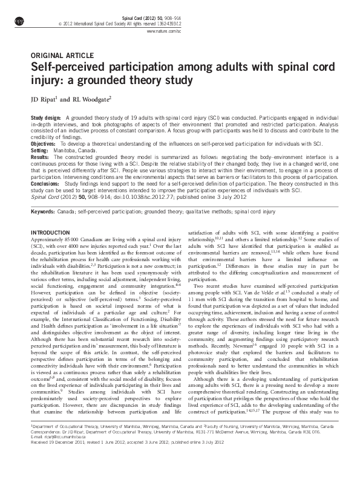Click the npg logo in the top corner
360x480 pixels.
pyautogui.click(x=19, y=22)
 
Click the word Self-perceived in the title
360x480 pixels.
pyautogui.click(x=66, y=66)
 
